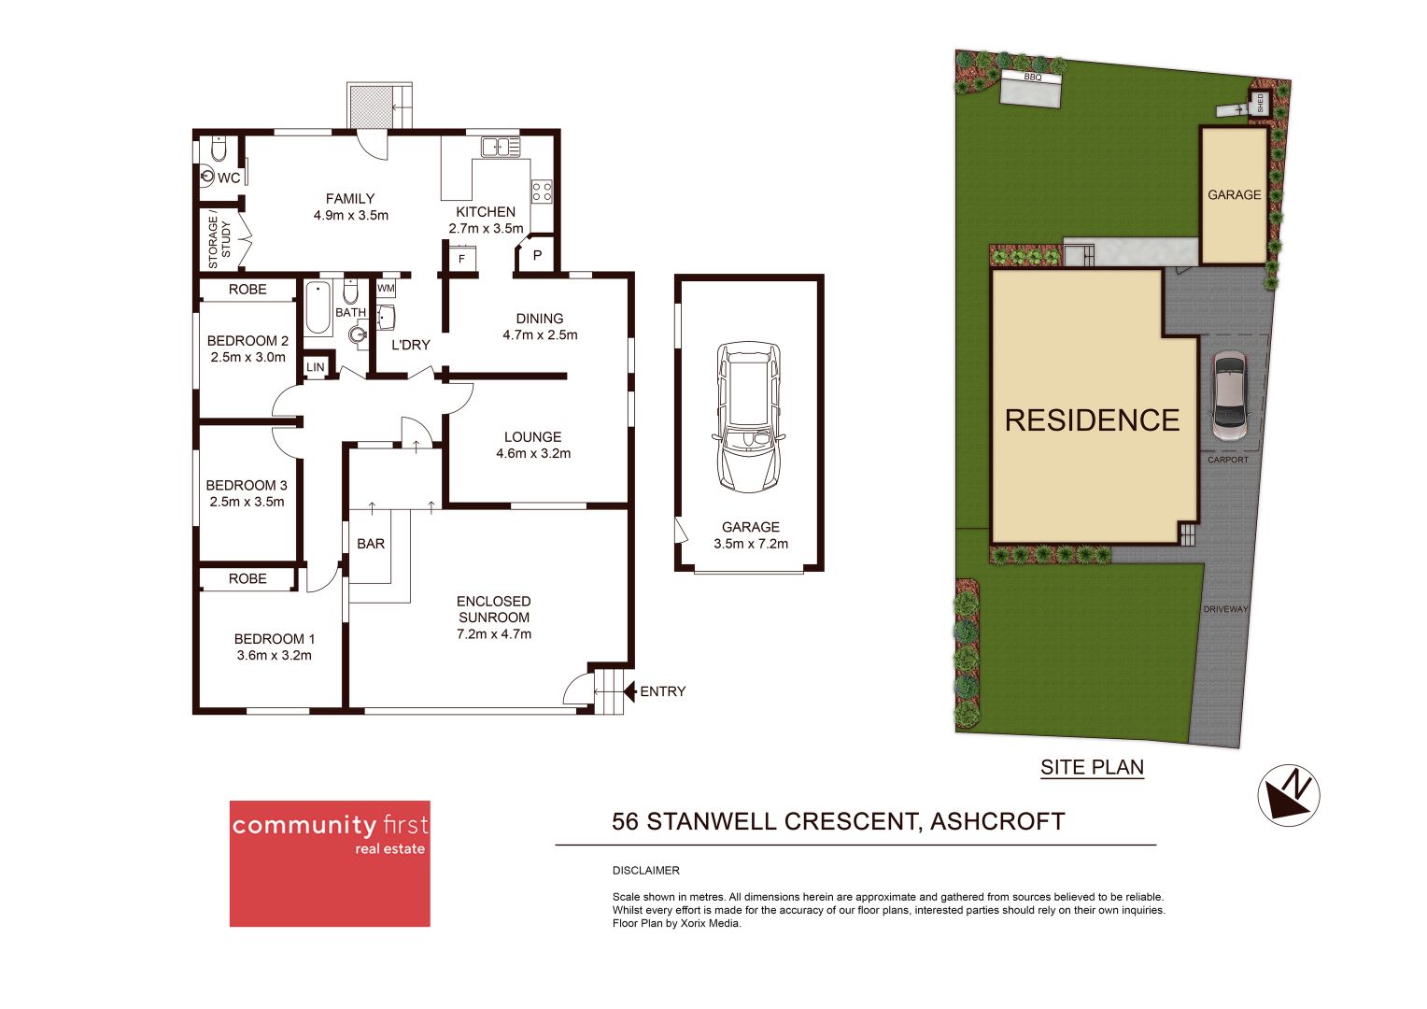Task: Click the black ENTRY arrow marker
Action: click(630, 691)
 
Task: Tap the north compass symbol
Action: click(1289, 795)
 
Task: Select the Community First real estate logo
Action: click(330, 863)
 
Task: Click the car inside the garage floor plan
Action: click(748, 417)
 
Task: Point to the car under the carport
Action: click(1229, 395)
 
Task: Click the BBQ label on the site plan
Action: click(1032, 78)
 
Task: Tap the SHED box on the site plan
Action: click(1260, 103)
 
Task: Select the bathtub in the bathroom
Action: click(318, 307)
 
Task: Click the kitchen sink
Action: click(501, 147)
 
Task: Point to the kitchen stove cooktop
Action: click(542, 192)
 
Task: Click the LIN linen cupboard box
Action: click(316, 367)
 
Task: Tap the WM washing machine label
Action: click(386, 289)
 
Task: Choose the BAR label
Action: click(371, 544)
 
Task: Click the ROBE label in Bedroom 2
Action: click(247, 290)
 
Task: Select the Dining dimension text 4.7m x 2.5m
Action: click(540, 334)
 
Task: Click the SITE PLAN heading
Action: click(1092, 767)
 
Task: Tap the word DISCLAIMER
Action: click(646, 870)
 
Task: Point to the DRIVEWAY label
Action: click(1225, 609)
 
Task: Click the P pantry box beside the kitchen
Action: click(537, 255)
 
